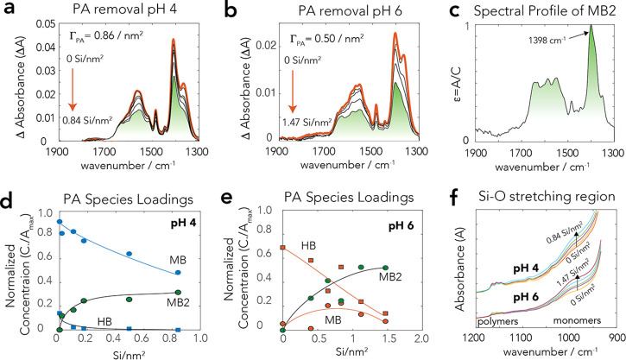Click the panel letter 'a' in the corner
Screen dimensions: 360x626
click(8, 10)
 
